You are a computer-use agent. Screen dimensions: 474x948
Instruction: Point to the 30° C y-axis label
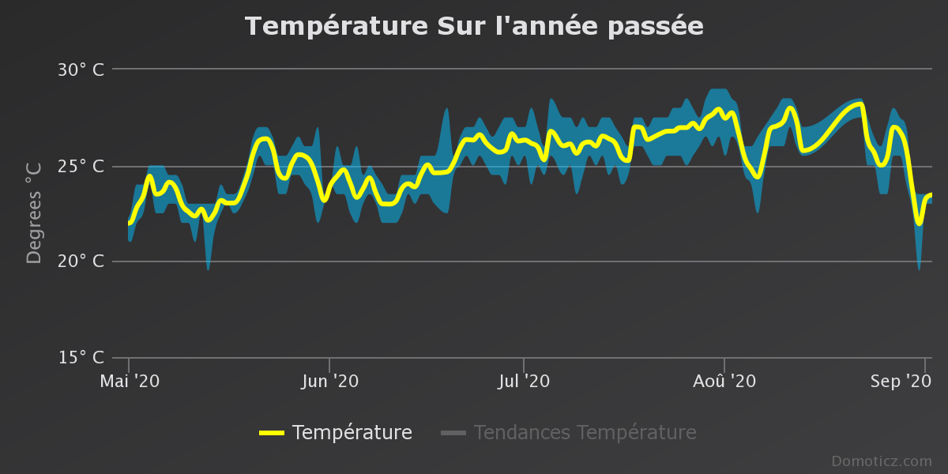pos(81,70)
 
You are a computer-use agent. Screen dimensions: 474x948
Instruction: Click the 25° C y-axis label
pos(81,166)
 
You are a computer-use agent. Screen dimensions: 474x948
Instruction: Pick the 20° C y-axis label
pos(81,261)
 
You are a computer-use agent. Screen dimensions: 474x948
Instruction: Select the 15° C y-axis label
pos(81,358)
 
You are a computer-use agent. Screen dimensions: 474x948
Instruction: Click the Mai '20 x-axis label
pos(130,381)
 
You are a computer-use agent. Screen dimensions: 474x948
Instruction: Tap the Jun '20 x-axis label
pos(329,381)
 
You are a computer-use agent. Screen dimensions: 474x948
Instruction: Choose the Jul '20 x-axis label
pos(524,381)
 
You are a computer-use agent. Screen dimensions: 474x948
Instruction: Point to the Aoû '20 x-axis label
pos(724,381)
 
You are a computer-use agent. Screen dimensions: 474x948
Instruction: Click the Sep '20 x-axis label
pos(901,381)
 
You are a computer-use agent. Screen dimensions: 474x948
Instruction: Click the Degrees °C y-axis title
pos(34,213)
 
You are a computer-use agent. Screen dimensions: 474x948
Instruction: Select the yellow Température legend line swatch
pos(272,433)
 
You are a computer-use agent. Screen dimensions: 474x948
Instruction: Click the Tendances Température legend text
pos(585,433)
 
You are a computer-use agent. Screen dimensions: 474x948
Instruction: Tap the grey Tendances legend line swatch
pos(453,433)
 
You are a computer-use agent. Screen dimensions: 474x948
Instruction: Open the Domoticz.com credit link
pos(881,461)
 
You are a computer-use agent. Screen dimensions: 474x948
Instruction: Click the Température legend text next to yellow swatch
pos(352,433)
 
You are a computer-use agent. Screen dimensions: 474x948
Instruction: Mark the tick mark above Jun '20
pos(329,363)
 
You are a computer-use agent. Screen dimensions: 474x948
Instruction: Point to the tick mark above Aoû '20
pos(724,363)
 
